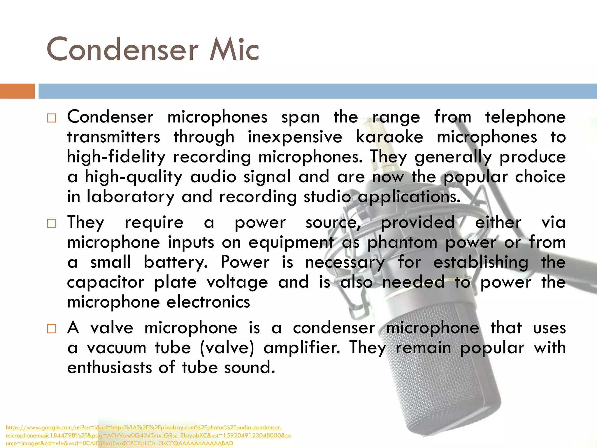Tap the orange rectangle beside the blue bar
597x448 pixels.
17,91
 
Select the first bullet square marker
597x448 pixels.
51,118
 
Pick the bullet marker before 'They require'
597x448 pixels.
51,224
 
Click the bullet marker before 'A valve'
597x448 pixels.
51,329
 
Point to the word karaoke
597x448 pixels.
389,137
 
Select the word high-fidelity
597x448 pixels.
116,157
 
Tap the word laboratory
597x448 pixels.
130,196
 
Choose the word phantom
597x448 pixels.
402,242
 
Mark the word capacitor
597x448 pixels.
106,282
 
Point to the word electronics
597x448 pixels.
208,302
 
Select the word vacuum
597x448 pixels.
116,348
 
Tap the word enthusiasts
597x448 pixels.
110,367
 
